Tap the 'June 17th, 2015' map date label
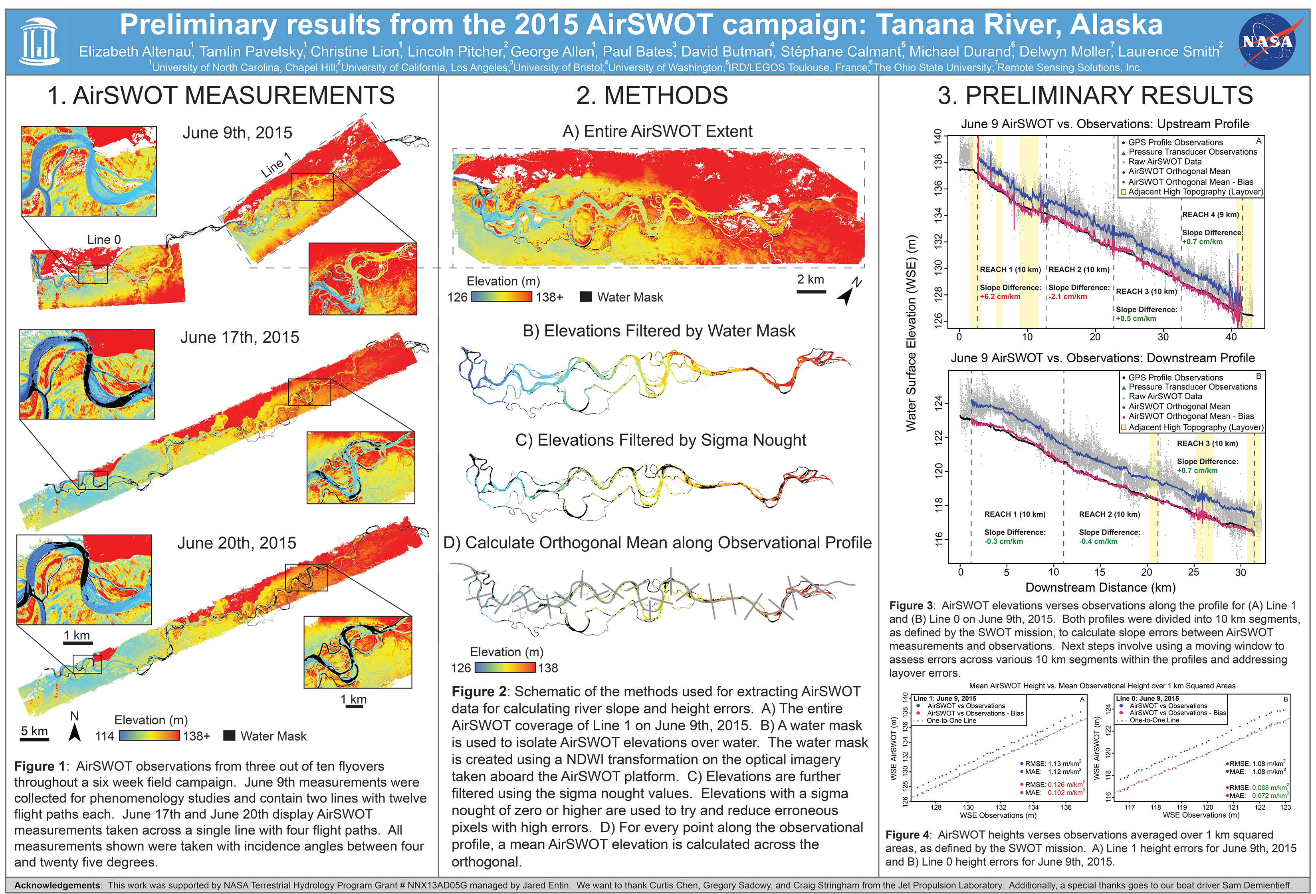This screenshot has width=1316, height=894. tap(240, 337)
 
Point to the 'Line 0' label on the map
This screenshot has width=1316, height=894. tap(104, 240)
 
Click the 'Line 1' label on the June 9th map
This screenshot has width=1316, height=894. tap(276, 165)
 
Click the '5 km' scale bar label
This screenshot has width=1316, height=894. tap(35, 731)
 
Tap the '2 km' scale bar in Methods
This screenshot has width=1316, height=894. tap(811, 279)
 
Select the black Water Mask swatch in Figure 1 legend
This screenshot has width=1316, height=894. tap(229, 736)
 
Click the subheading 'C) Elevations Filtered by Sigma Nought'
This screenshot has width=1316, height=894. tap(660, 440)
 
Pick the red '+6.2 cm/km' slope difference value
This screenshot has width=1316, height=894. tap(1000, 297)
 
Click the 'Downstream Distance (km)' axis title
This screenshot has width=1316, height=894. tap(1100, 588)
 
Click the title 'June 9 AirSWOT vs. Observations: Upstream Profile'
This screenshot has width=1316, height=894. tap(1105, 124)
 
